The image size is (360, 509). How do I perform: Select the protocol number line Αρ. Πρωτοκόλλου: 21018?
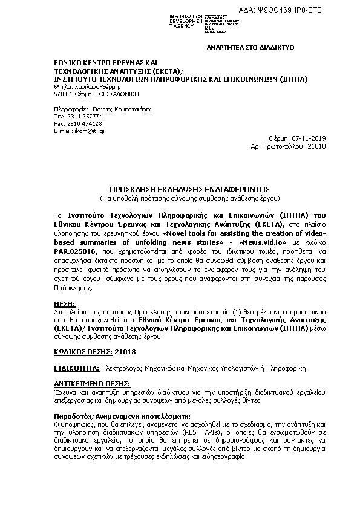point(288,146)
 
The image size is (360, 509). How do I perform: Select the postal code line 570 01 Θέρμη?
point(88,94)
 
